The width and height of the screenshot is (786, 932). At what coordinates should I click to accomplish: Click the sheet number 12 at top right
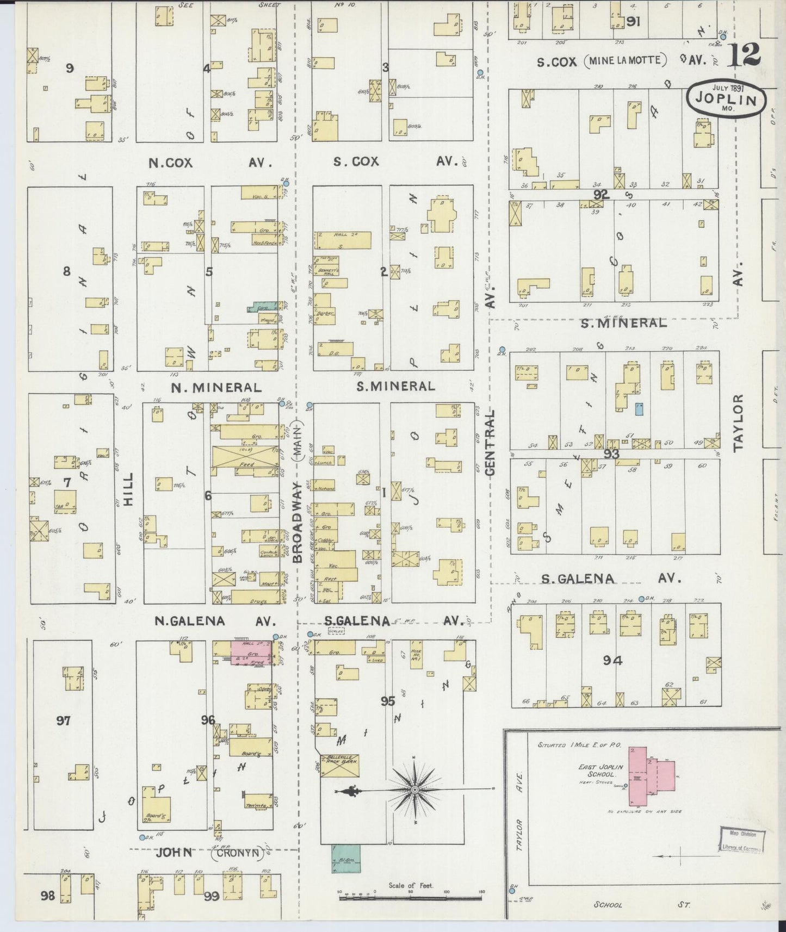click(x=744, y=55)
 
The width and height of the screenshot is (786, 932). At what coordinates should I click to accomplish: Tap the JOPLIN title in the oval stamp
click(x=726, y=100)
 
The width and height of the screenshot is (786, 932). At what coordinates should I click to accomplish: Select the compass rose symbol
click(x=414, y=789)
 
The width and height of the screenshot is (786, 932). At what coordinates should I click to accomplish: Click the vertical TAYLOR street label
click(x=738, y=422)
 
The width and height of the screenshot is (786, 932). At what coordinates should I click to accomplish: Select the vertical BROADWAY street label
click(x=298, y=522)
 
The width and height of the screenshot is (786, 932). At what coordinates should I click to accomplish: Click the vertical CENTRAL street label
click(x=490, y=443)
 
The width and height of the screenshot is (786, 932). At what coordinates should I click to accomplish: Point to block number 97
click(x=64, y=721)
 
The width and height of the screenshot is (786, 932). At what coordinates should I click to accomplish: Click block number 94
click(x=612, y=661)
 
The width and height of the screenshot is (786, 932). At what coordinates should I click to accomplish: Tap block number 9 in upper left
click(x=69, y=68)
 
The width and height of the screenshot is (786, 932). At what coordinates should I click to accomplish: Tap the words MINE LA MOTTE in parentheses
click(x=626, y=61)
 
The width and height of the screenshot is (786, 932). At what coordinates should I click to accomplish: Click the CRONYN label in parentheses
click(x=236, y=854)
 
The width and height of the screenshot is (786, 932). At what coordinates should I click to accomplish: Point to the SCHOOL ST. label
click(x=642, y=905)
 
